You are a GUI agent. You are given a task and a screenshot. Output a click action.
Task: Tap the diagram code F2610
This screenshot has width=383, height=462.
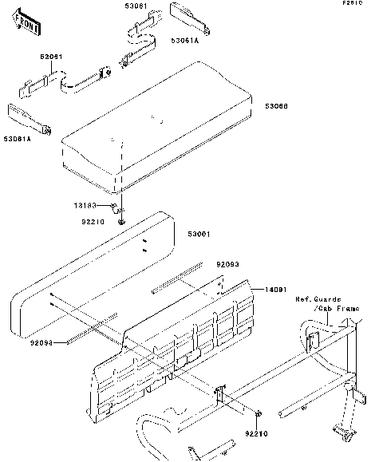[x=353, y=4]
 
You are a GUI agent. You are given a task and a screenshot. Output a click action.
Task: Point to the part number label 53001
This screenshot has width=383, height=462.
[x=199, y=233]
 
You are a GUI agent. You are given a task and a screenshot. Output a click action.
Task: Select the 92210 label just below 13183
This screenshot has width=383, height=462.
[x=97, y=223]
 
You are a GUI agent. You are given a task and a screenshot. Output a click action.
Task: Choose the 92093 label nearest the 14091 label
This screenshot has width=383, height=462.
[x=227, y=263]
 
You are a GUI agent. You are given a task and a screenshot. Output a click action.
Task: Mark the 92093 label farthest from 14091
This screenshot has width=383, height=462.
[x=41, y=343]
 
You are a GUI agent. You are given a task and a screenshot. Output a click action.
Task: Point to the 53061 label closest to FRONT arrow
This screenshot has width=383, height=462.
[x=53, y=57]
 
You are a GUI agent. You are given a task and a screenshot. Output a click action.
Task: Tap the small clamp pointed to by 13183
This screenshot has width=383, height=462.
[x=117, y=209]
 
